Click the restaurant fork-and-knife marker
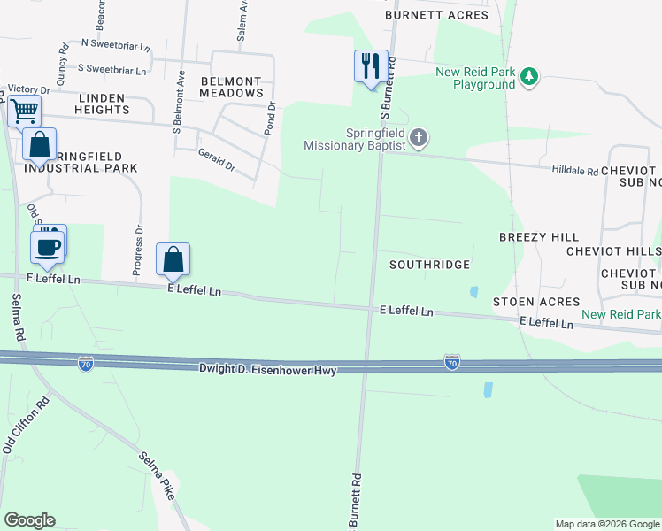pyautogui.click(x=371, y=66)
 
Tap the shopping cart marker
pyautogui.click(x=24, y=112)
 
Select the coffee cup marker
pyautogui.click(x=47, y=247)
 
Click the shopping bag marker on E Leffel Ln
pyautogui.click(x=173, y=259)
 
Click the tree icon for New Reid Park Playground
pyautogui.click(x=529, y=77)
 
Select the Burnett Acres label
pyautogui.click(x=436, y=15)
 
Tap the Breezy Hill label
pyautogui.click(x=539, y=237)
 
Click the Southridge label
pyautogui.click(x=429, y=265)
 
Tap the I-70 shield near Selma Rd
pyautogui.click(x=86, y=365)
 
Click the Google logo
pyautogui.click(x=29, y=520)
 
